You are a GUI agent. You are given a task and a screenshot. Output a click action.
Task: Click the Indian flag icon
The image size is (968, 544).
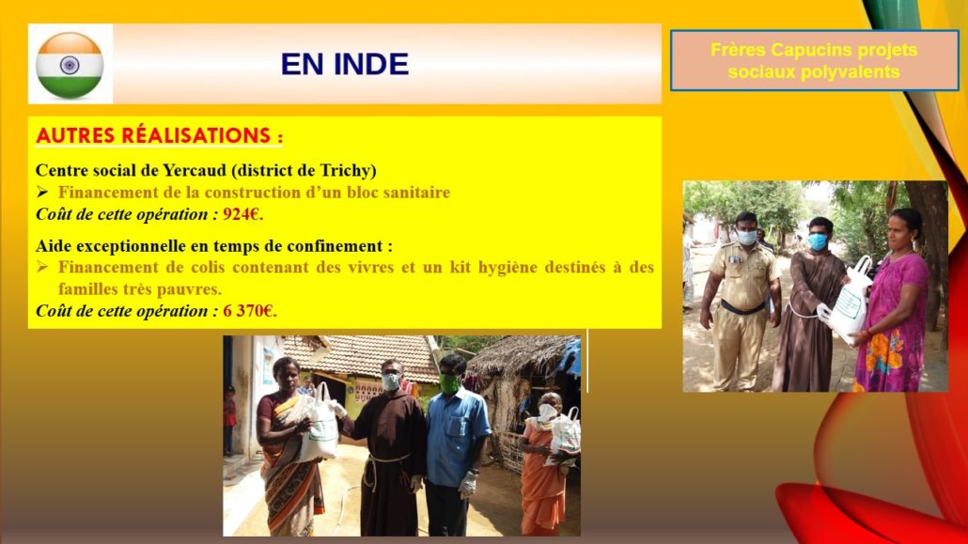pyautogui.click(x=70, y=65)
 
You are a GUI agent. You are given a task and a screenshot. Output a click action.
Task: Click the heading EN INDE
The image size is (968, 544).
pyautogui.click(x=345, y=64)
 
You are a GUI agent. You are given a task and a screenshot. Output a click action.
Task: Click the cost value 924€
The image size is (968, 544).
pyautogui.click(x=242, y=214)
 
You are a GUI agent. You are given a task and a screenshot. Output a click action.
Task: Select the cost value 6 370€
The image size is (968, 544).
pyautogui.click(x=249, y=311)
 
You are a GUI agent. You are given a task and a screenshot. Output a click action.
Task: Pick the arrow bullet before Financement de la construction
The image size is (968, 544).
pyautogui.click(x=42, y=192)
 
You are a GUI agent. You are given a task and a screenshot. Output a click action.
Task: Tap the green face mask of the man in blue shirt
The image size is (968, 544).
pyautogui.click(x=449, y=383)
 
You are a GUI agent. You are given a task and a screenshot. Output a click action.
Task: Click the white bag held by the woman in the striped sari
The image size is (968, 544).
pyautogui.click(x=320, y=425)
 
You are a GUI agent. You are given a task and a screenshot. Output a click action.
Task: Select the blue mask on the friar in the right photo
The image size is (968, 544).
pyautogui.click(x=818, y=241)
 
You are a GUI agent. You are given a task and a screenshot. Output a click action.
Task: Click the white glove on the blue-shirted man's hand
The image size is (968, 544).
pyautogui.click(x=468, y=484)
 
